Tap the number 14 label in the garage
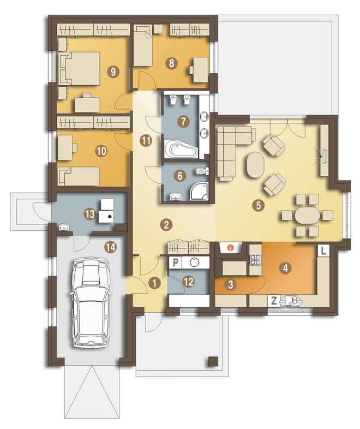click(x=110, y=247)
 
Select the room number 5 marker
click(x=259, y=205)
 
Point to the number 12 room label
click(x=189, y=281)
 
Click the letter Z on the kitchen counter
click(x=274, y=301)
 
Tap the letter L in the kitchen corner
click(x=323, y=251)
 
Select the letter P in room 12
click(x=176, y=263)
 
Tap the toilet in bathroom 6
click(x=202, y=171)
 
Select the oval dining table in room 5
click(x=307, y=216)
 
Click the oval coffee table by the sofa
click(x=256, y=165)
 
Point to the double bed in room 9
click(x=79, y=68)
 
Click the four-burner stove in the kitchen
click(x=255, y=260)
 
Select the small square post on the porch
click(x=213, y=361)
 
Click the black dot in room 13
click(x=110, y=217)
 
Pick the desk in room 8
click(x=199, y=69)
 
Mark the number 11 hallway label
click(x=146, y=141)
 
